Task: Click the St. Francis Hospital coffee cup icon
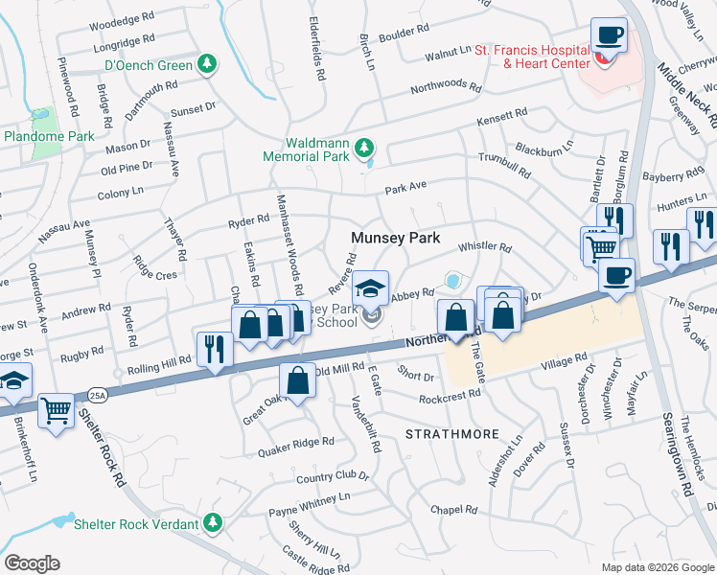coord(609,37)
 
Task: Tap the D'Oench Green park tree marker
coord(206,64)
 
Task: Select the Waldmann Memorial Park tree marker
coord(363,148)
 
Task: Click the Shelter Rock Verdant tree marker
coord(215,522)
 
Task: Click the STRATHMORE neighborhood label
coord(452,434)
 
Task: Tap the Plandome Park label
coord(49,136)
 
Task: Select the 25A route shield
coord(97,394)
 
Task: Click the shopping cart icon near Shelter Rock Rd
coord(57,412)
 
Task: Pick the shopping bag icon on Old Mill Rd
coord(298,381)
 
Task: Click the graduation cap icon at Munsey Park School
coord(370,289)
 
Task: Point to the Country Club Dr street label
coord(333,476)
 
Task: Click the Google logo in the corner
coord(32,563)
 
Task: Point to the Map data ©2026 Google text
coord(657,566)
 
